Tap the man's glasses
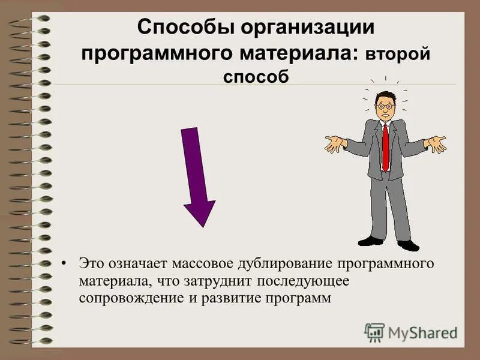385,106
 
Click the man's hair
385,95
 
